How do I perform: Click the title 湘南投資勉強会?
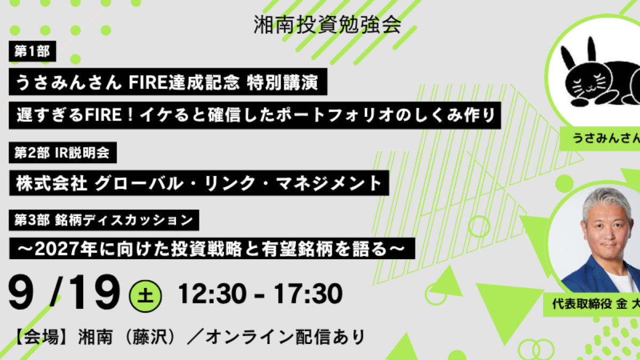(x=327, y=25)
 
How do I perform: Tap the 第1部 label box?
(x=33, y=51)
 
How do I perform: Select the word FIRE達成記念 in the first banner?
(x=184, y=82)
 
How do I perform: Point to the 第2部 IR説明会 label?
(x=62, y=153)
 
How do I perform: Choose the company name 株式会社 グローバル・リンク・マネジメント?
(x=199, y=183)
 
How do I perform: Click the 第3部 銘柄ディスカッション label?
(x=104, y=220)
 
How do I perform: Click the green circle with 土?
(x=146, y=296)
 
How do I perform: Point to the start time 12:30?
(x=212, y=293)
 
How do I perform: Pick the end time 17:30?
(x=308, y=293)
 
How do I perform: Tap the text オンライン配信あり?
(x=285, y=337)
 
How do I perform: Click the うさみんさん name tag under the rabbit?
(x=600, y=139)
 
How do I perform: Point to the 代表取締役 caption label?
(x=581, y=304)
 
